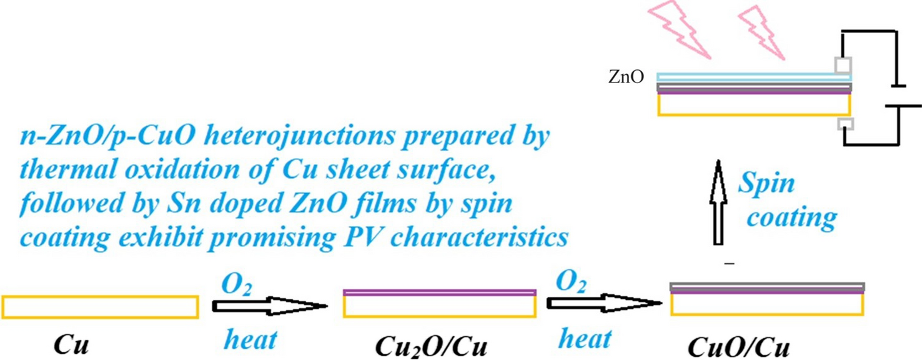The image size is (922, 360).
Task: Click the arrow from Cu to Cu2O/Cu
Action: [x=269, y=306]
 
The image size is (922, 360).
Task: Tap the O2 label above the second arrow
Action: [x=570, y=284]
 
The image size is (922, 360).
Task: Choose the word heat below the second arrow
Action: [x=585, y=339]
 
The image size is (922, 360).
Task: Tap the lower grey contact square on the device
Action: [x=843, y=123]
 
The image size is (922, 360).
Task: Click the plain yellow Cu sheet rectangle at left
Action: [x=100, y=307]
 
